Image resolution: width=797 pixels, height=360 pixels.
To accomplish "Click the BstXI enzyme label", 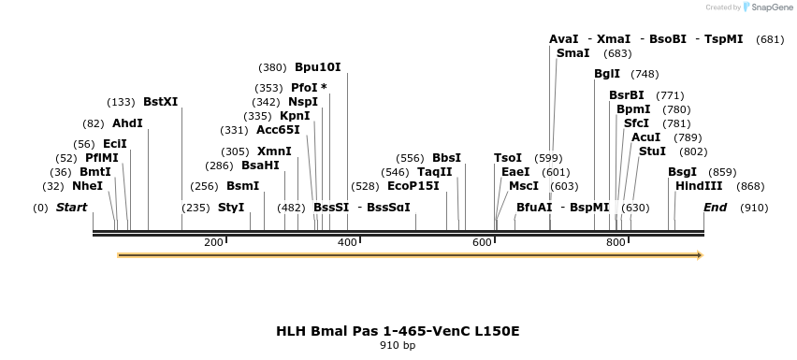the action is [160, 102].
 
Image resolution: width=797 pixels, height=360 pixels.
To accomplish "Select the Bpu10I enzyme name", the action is [317, 67].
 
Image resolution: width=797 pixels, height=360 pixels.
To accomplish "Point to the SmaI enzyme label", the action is [572, 53].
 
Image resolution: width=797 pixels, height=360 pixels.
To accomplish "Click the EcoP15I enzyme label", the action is [413, 186].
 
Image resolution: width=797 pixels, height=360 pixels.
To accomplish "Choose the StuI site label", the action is [652, 151].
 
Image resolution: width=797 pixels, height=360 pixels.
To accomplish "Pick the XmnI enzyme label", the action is [274, 151].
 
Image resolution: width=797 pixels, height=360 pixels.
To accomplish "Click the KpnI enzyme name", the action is [295, 116].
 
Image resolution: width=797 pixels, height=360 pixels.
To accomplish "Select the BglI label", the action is [606, 74].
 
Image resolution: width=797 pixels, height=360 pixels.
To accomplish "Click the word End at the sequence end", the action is [715, 207].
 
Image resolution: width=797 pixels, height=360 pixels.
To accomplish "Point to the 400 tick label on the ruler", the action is [347, 242].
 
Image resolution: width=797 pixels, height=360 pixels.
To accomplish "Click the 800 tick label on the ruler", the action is [616, 242].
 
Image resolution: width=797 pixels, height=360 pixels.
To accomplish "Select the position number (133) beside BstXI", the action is [122, 102].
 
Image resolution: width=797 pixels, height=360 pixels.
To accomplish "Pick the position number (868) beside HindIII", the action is [751, 186].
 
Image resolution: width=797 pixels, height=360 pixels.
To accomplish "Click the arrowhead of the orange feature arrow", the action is [699, 255].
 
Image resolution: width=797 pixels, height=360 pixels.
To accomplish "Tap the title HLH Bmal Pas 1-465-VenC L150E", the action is [398, 330].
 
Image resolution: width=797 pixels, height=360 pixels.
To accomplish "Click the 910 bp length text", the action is [398, 345].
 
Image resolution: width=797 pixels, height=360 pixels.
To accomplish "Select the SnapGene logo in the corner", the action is [766, 7].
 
